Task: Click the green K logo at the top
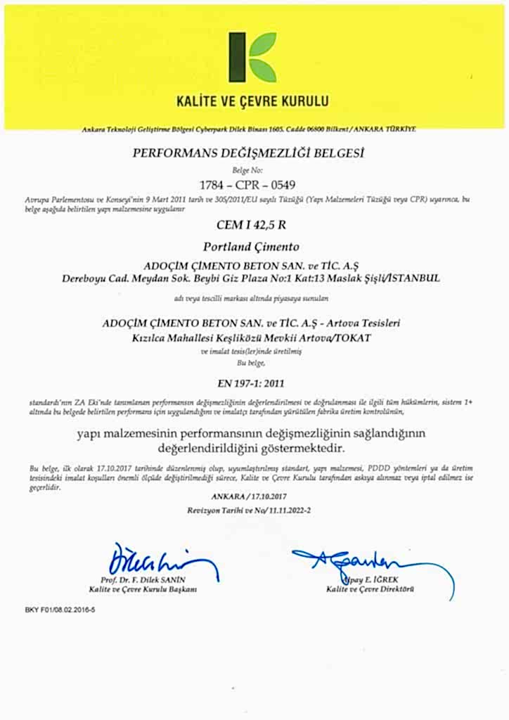pyautogui.click(x=252, y=57)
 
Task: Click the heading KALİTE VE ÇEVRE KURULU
pyautogui.click(x=253, y=101)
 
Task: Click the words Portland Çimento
pyautogui.click(x=251, y=247)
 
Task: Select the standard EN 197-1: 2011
pyautogui.click(x=251, y=383)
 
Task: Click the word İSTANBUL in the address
pyautogui.click(x=413, y=278)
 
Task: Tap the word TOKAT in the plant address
pyautogui.click(x=352, y=338)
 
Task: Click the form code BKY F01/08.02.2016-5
pyautogui.click(x=60, y=610)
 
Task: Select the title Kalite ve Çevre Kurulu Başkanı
pyautogui.click(x=143, y=589)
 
